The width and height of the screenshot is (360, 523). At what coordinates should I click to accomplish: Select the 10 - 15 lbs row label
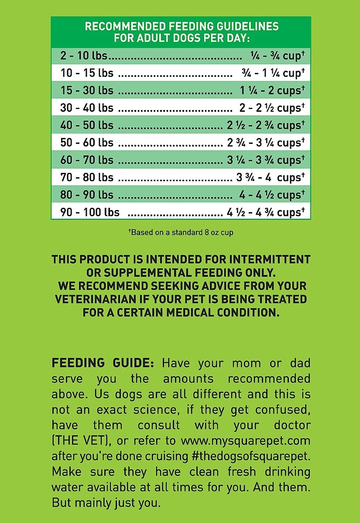87,73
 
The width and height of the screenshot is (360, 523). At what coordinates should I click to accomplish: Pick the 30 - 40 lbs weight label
87,108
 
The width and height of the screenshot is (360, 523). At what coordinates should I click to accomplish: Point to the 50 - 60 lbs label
87,143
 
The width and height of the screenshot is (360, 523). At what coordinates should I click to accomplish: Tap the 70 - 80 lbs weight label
87,178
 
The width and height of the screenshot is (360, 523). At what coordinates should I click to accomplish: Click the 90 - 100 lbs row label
90,213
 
